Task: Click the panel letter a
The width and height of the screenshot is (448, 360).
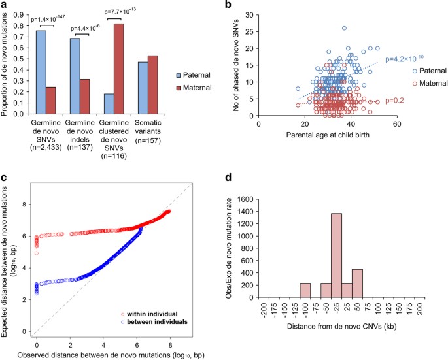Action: point(5,6)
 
